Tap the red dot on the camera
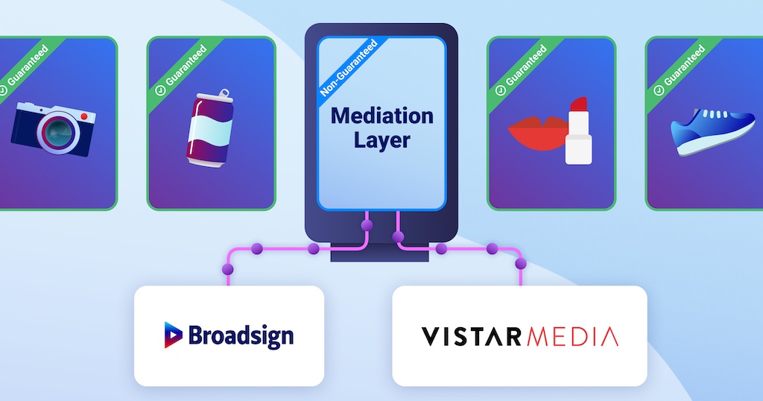(x=84, y=117)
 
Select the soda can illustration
(x=210, y=128)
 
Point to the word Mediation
(x=382, y=116)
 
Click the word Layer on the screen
(x=382, y=141)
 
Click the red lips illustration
(x=535, y=131)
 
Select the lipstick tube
(x=579, y=130)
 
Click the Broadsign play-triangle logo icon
(x=173, y=335)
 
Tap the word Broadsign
(x=241, y=335)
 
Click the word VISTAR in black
(x=472, y=336)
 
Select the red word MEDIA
(x=573, y=336)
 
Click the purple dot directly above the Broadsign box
(x=227, y=268)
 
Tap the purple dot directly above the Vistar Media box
(x=521, y=264)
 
